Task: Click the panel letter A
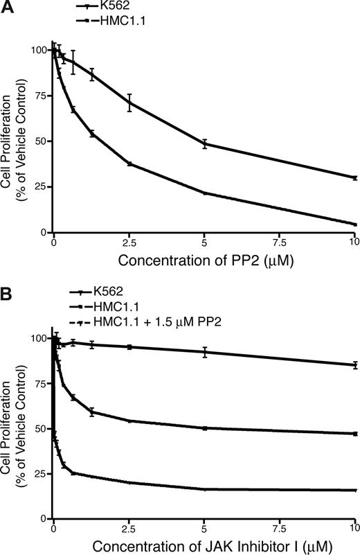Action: [8, 8]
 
